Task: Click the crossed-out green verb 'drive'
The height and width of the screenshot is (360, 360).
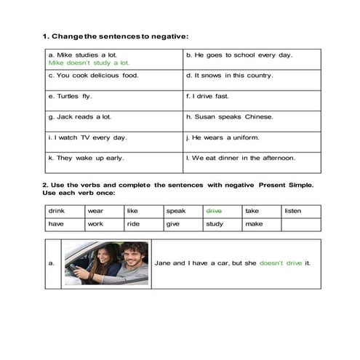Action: pos(214,210)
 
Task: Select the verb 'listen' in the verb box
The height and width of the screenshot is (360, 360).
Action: pos(293,210)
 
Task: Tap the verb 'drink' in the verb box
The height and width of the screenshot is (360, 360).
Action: pos(56,210)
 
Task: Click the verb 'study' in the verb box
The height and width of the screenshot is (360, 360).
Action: pos(214,224)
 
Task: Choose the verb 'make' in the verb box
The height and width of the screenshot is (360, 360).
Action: pos(254,224)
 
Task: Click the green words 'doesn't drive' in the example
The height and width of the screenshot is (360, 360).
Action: pos(281,263)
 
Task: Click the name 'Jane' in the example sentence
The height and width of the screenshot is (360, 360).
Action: pos(164,263)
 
